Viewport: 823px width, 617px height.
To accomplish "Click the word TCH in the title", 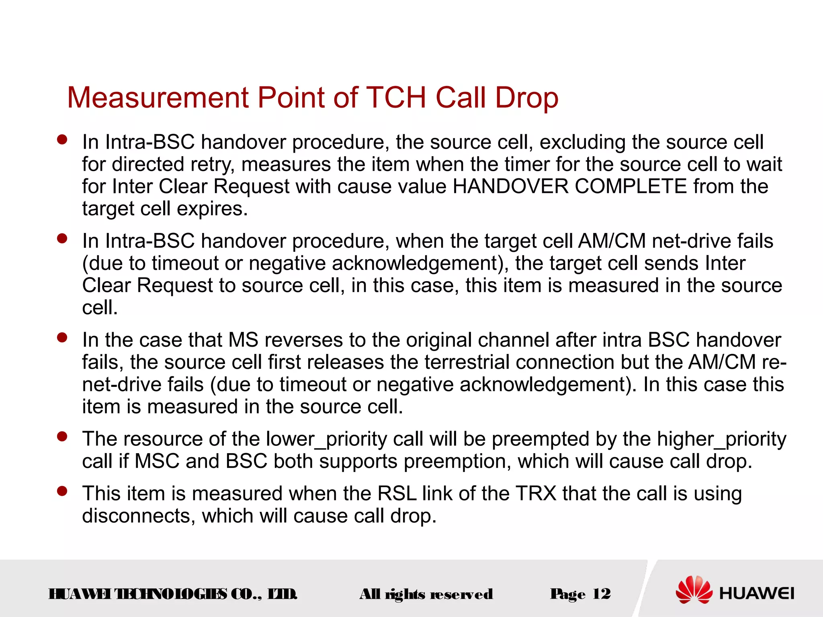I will [396, 98].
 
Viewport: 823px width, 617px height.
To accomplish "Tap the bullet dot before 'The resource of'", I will [62, 436].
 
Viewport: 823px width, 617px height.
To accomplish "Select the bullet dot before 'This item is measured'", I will [62, 491].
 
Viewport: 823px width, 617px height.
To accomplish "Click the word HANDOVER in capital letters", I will [510, 186].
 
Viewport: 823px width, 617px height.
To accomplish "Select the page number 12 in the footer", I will [601, 594].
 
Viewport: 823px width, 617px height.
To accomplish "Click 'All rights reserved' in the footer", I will [426, 594].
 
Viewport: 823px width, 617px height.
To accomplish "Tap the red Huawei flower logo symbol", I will [694, 590].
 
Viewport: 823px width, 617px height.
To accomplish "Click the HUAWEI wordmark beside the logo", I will [757, 593].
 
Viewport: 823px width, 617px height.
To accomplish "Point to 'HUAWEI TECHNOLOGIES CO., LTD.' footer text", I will [173, 594].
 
